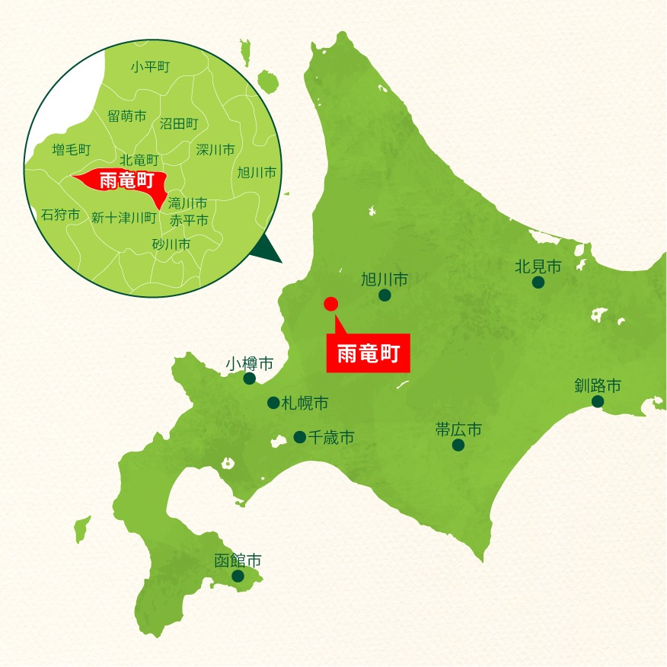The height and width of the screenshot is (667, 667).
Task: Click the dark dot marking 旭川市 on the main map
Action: click(x=385, y=295)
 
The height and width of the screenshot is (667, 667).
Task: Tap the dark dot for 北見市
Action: click(x=538, y=282)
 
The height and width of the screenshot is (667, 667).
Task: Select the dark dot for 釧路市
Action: click(x=598, y=401)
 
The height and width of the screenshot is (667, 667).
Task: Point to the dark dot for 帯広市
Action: click(x=458, y=445)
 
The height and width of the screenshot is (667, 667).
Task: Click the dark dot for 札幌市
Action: click(x=273, y=403)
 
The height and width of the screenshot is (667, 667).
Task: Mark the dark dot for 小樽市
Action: click(x=249, y=378)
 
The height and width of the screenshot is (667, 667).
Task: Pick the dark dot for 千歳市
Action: click(x=300, y=437)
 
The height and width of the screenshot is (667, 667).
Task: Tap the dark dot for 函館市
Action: click(x=238, y=576)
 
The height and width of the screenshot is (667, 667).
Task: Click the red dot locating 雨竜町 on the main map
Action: click(x=330, y=304)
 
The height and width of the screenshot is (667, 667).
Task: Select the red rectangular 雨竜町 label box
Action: click(x=369, y=353)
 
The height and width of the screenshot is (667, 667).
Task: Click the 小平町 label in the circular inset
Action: click(x=149, y=67)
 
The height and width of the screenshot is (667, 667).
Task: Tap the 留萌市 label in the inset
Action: click(x=126, y=116)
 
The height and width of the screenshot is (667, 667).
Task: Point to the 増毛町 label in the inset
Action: click(x=72, y=149)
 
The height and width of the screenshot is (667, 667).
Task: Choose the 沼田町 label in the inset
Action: click(x=179, y=123)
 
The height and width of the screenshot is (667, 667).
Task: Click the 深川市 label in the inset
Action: click(x=215, y=150)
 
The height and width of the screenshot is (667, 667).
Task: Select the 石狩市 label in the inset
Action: click(x=60, y=215)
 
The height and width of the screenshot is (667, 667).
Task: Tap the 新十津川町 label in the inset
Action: click(x=124, y=218)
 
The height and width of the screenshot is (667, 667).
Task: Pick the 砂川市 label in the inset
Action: click(x=171, y=244)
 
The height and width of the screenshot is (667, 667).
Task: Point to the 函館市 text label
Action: click(x=238, y=560)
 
